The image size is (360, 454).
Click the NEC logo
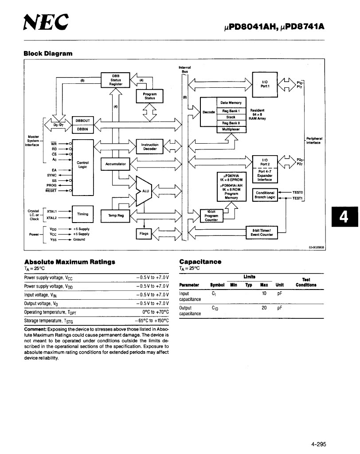pyautogui.click(x=46, y=22)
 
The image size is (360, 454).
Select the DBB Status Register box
pyautogui.click(x=115, y=80)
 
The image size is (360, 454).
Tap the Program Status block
pyautogui.click(x=150, y=96)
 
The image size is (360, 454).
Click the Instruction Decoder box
pyautogui.click(x=150, y=146)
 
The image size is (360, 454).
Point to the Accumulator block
pyautogui.click(x=115, y=164)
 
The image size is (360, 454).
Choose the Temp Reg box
pyautogui.click(x=115, y=216)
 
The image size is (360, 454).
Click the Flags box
pyautogui.click(x=144, y=234)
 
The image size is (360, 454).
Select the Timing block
pyautogui.click(x=82, y=214)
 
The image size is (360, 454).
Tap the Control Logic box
pyautogui.click(x=82, y=168)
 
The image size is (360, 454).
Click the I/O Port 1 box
pyautogui.click(x=265, y=84)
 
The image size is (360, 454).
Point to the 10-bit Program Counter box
pyautogui.click(x=211, y=216)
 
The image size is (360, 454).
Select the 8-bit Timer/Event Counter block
pyautogui.click(x=262, y=232)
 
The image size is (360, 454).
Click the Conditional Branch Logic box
pyautogui.click(x=265, y=195)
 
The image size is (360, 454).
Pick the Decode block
pyautogui.click(x=208, y=112)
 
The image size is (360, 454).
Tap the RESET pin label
pyautogui.click(x=51, y=191)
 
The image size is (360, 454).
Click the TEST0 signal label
pyautogui.click(x=297, y=192)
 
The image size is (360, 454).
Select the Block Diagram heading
pyautogui.click(x=48, y=54)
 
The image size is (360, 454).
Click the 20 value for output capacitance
pyautogui.click(x=264, y=308)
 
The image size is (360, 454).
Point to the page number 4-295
pyautogui.click(x=319, y=444)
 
